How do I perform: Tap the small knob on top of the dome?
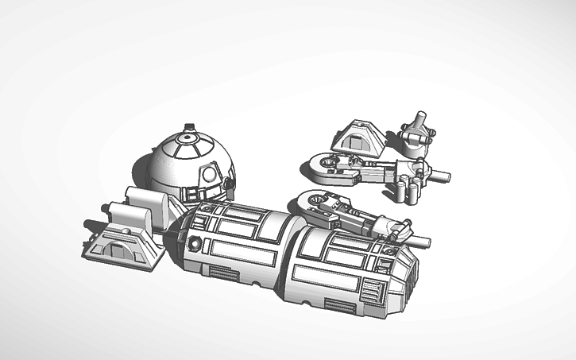coord(189,126)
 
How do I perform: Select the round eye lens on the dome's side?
coord(209,174)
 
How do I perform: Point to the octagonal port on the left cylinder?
coord(194,242)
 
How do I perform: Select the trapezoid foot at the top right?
coord(358,137)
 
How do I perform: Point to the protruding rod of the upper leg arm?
coord(439,174)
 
